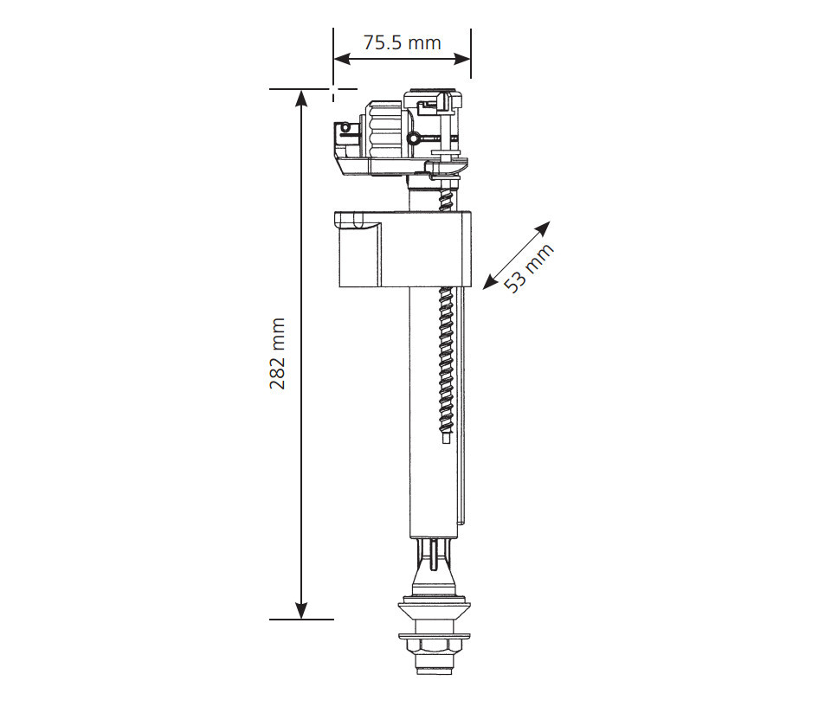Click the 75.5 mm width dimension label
click(402, 42)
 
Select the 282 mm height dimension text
click(278, 353)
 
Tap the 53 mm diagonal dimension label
click(527, 268)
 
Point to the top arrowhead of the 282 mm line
click(301, 97)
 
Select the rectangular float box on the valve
click(403, 248)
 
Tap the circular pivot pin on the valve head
click(414, 138)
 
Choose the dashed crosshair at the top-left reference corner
click(333, 88)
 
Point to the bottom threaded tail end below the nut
click(431, 667)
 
